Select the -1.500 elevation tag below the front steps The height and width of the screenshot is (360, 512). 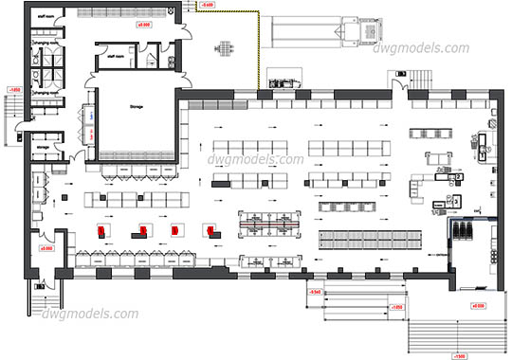point(459,356)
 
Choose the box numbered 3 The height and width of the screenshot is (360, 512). point(455,202)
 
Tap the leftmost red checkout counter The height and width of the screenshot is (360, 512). point(101,230)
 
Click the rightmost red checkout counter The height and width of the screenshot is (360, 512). point(210,230)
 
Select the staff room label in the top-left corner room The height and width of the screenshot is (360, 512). point(43,16)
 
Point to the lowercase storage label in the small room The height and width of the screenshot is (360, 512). point(42,147)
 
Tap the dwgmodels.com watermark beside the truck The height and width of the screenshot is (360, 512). point(432,48)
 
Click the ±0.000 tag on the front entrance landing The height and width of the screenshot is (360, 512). point(478,306)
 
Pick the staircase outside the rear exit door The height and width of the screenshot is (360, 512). point(43,303)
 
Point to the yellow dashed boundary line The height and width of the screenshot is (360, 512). point(258,47)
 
